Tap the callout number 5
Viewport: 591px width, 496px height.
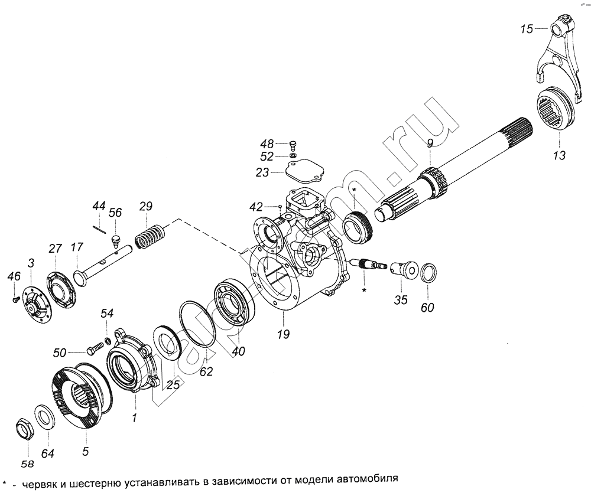pyautogui.click(x=86, y=451)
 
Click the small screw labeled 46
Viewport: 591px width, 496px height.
pyautogui.click(x=16, y=299)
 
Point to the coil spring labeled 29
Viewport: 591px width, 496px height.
pyautogui.click(x=149, y=237)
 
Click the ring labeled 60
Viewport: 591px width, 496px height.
pyautogui.click(x=429, y=272)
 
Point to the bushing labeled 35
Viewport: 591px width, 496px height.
pyautogui.click(x=403, y=270)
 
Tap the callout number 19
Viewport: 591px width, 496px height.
pyautogui.click(x=283, y=334)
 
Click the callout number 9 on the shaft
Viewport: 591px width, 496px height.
pyautogui.click(x=430, y=143)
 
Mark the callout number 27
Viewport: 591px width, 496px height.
pyautogui.click(x=56, y=249)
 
